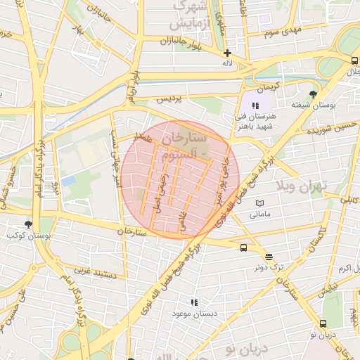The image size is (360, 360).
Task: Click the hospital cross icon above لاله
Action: pyautogui.click(x=227, y=53)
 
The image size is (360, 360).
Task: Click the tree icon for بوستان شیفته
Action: pyautogui.click(x=313, y=94)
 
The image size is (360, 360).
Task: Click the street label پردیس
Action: pyautogui.click(x=173, y=99)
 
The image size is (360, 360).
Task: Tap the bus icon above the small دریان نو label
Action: pyautogui.click(x=323, y=323)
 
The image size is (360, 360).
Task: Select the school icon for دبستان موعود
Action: pyautogui.click(x=195, y=302)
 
